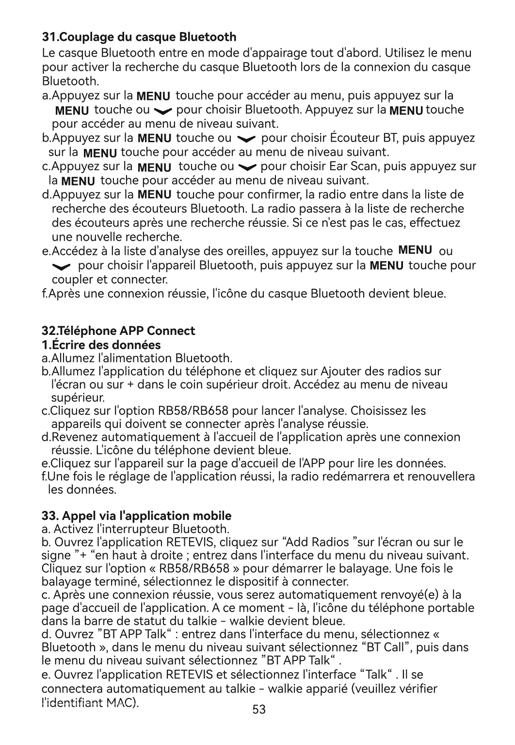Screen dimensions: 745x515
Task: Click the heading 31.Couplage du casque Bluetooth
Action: coord(139,37)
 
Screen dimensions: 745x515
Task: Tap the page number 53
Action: coord(259,710)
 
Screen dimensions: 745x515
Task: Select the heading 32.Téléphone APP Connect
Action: coord(118,331)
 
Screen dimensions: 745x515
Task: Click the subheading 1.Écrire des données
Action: coord(101,345)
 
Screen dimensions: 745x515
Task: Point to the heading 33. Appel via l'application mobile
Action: coord(136,515)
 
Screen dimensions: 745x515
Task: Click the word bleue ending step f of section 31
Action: coord(430,294)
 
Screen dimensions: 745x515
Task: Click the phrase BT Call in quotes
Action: coord(386,647)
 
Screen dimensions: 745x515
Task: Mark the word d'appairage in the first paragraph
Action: coord(274,52)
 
